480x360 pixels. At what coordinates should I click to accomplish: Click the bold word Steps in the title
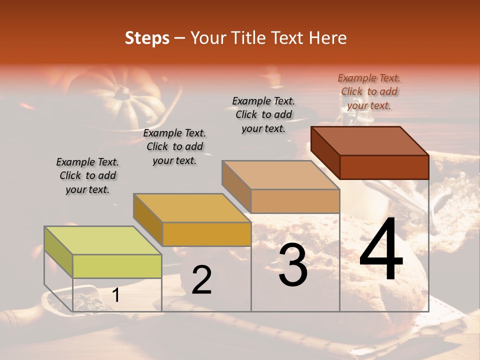pyautogui.click(x=147, y=38)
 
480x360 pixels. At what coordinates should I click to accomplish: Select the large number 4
pyautogui.click(x=381, y=250)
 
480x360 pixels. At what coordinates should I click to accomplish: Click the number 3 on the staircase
pyautogui.click(x=293, y=265)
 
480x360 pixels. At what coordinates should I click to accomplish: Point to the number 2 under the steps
pyautogui.click(x=201, y=280)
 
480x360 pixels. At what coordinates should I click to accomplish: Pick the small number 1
pyautogui.click(x=115, y=295)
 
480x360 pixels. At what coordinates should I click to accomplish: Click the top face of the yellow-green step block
pyautogui.click(x=102, y=240)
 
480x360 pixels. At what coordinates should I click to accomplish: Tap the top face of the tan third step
pyautogui.click(x=281, y=175)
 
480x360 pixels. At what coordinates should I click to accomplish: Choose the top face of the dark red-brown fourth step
pyautogui.click(x=370, y=141)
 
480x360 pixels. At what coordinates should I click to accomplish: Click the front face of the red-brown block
pyautogui.click(x=384, y=167)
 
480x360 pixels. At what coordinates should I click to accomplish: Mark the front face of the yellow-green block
pyautogui.click(x=117, y=266)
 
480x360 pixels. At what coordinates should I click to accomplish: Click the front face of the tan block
pyautogui.click(x=295, y=201)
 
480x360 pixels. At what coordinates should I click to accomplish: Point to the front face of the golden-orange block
pyautogui.click(x=206, y=234)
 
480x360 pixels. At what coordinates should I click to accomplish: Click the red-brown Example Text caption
pyautogui.click(x=369, y=91)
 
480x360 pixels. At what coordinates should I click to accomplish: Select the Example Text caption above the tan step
pyautogui.click(x=263, y=114)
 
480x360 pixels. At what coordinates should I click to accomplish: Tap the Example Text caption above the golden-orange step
pyautogui.click(x=174, y=146)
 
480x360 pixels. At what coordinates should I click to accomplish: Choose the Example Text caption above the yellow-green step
pyautogui.click(x=87, y=175)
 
